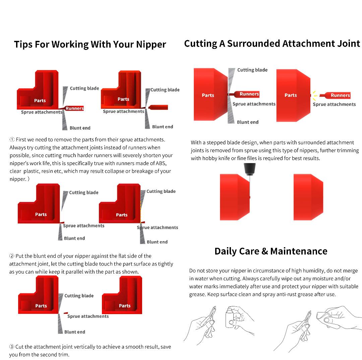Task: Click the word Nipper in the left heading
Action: point(151,44)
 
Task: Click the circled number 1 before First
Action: point(12,140)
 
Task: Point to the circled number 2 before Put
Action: point(11,256)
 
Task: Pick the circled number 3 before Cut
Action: point(11,347)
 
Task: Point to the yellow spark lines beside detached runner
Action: point(315,95)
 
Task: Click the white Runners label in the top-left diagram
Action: point(74,108)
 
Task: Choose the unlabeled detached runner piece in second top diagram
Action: point(158,107)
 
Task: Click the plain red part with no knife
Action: point(308,197)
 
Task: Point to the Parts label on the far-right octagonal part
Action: point(291,95)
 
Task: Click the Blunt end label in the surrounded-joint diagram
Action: point(248,122)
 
